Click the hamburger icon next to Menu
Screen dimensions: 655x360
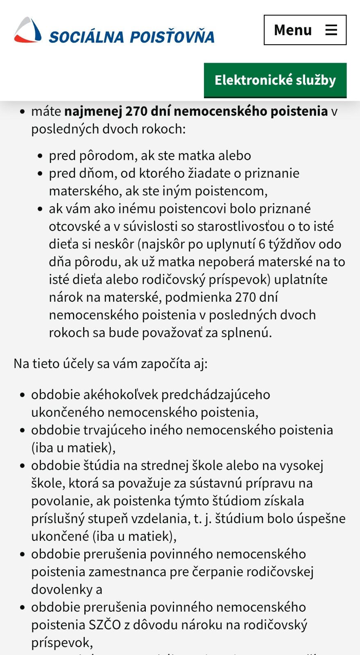(331, 30)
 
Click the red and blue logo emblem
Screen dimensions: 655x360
(28, 30)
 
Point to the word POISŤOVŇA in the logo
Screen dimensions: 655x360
(172, 37)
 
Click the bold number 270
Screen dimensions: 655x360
(137, 111)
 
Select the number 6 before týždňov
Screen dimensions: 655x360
(262, 244)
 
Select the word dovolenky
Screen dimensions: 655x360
(62, 589)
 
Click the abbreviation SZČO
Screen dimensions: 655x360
(105, 625)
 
